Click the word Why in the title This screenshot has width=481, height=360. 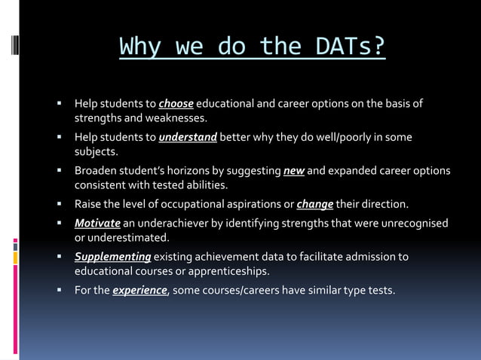click(140, 47)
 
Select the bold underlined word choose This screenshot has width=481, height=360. click(176, 103)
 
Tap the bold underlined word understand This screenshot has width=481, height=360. click(188, 137)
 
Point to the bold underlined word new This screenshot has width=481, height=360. click(293, 170)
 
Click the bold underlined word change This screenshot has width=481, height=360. click(315, 204)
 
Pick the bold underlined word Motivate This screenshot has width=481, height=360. click(97, 223)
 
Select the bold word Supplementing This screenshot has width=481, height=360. click(112, 257)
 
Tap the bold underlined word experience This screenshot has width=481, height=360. click(139, 290)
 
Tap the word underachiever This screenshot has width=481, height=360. click(170, 223)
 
